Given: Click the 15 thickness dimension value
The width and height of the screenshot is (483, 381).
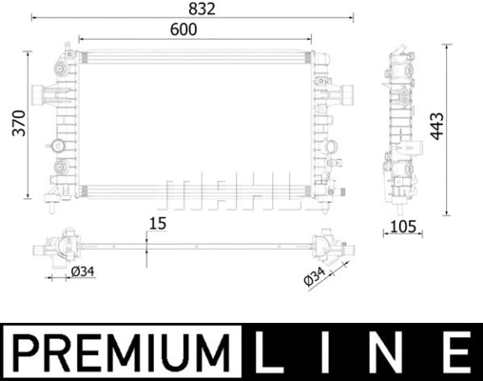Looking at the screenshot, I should tap(157, 225).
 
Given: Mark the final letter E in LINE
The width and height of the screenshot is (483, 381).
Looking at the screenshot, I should tap(458, 351).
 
